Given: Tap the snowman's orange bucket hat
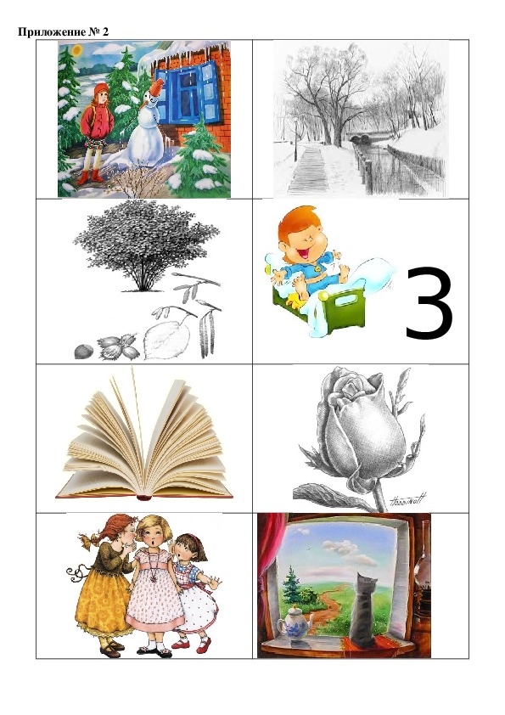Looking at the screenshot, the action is [x=157, y=87].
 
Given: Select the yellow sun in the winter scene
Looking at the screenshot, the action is [x=77, y=48].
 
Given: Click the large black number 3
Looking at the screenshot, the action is [x=429, y=304].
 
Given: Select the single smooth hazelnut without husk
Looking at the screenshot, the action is [x=83, y=351].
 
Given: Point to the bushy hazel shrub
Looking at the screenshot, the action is [x=145, y=245].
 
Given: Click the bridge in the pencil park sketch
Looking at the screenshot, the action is [x=370, y=137].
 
